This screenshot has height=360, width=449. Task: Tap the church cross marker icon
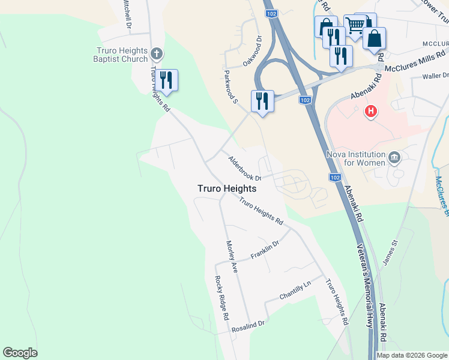tap(157, 55)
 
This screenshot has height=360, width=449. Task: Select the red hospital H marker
tap(372, 111)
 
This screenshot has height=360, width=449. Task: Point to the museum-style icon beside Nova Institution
tap(394, 158)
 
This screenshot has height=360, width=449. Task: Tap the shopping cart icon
tap(355, 26)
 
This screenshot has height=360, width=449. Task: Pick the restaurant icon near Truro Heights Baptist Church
tap(166, 80)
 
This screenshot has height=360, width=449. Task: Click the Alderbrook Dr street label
tap(244, 169)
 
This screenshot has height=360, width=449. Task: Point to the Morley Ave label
tap(232, 257)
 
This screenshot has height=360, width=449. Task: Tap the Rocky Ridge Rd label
tap(222, 298)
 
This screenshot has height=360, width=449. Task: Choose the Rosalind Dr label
tap(249, 326)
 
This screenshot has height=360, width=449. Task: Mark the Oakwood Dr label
tap(252, 52)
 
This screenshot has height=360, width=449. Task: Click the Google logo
tap(20, 353)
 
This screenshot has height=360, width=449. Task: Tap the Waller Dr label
tap(436, 76)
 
